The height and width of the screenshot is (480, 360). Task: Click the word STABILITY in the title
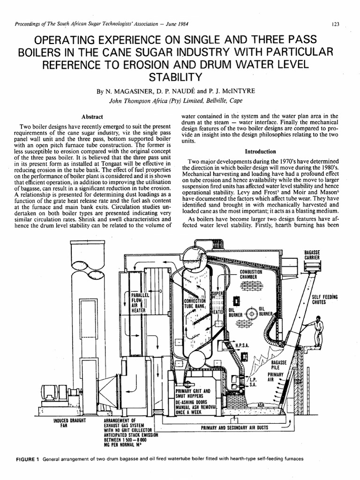(180, 76)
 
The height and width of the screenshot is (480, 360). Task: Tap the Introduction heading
(260, 151)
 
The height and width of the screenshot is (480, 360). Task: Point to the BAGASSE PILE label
(278, 365)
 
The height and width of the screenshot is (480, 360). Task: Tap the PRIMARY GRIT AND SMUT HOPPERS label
(193, 393)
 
